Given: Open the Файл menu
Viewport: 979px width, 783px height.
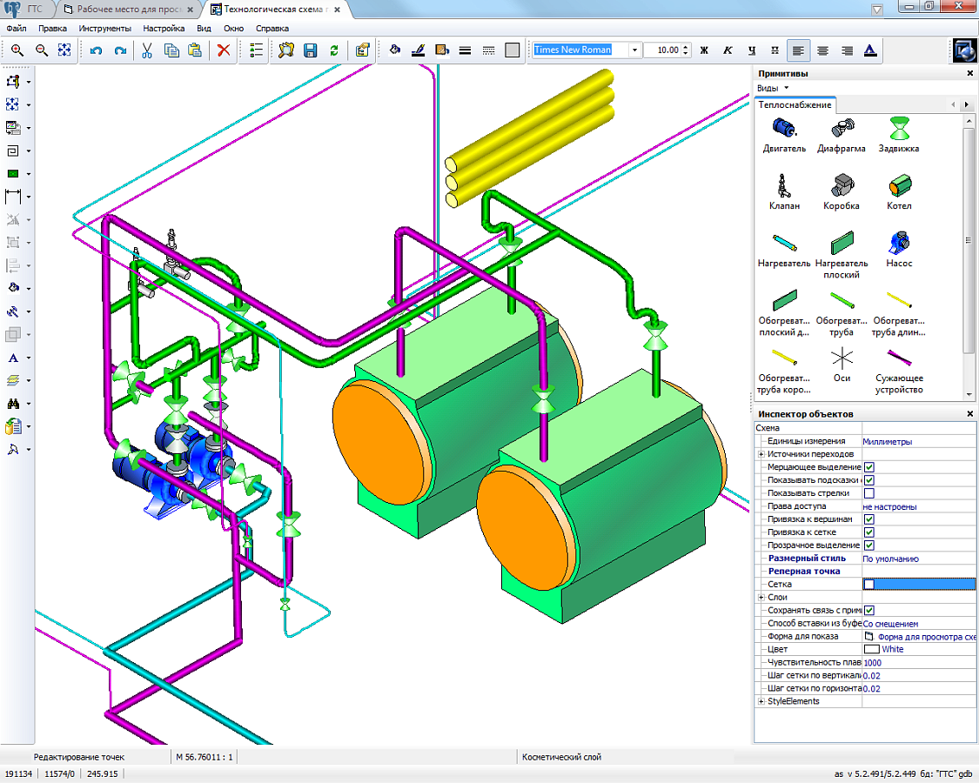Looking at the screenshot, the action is tap(17, 29).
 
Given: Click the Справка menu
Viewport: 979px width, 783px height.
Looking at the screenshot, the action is tap(272, 29).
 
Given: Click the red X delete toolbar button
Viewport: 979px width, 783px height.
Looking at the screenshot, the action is tap(224, 50).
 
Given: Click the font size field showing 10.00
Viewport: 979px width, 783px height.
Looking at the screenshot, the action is tap(667, 50).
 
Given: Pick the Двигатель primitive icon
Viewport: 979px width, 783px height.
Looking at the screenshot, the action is tap(784, 128).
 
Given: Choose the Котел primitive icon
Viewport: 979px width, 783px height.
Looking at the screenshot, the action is tap(899, 185).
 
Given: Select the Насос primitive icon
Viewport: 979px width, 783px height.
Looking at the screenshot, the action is tap(899, 242).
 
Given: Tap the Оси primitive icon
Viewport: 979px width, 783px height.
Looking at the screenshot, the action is tap(842, 358).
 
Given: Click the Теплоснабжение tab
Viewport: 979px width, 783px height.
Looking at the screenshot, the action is tap(795, 105).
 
